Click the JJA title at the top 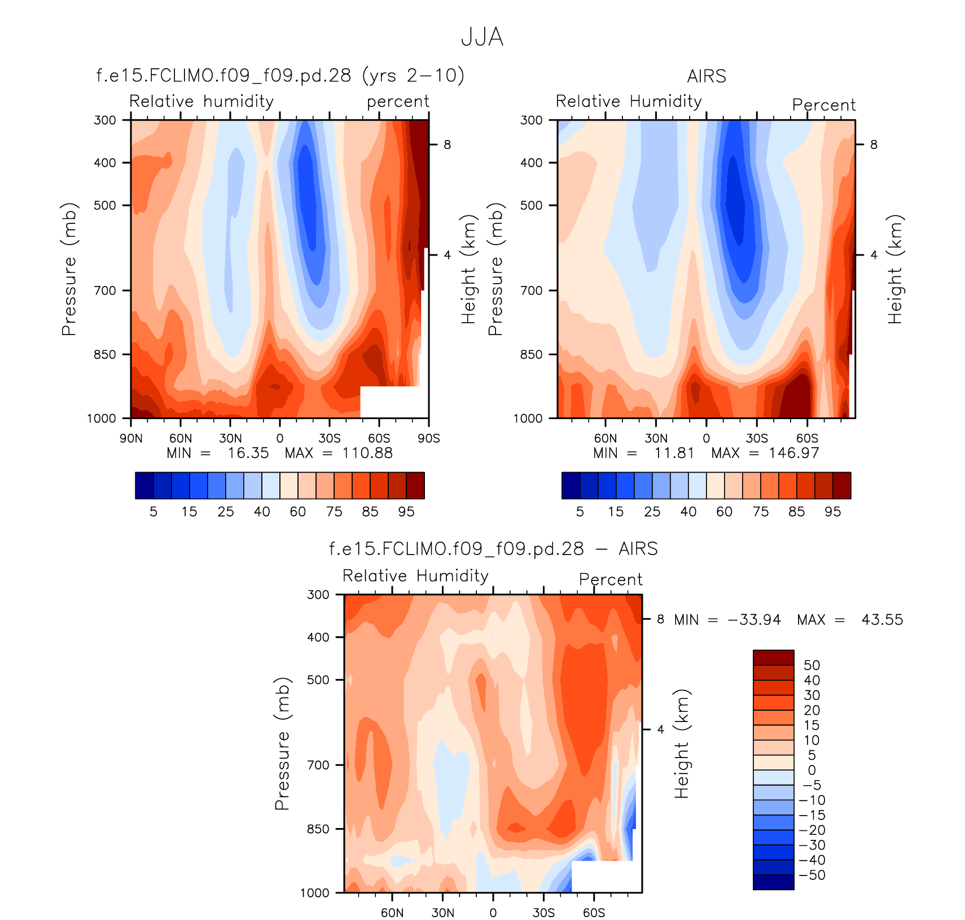click(x=482, y=37)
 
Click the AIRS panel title click(x=707, y=76)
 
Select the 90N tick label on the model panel click(x=131, y=438)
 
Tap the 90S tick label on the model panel click(x=428, y=438)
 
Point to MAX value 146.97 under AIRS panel click(x=793, y=453)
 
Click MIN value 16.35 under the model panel click(x=248, y=453)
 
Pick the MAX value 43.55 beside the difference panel click(x=882, y=620)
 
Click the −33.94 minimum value click(x=755, y=620)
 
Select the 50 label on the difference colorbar click(x=812, y=665)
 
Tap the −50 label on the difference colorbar click(x=812, y=875)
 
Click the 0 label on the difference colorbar click(x=812, y=770)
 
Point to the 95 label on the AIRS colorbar click(x=832, y=512)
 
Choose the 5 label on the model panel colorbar click(x=153, y=512)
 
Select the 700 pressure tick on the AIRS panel click(x=531, y=290)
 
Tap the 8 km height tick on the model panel click(x=447, y=145)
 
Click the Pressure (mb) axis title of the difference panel click(x=282, y=743)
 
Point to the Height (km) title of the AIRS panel click(x=895, y=269)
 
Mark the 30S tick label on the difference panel click(x=543, y=913)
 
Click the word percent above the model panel click(x=398, y=102)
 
